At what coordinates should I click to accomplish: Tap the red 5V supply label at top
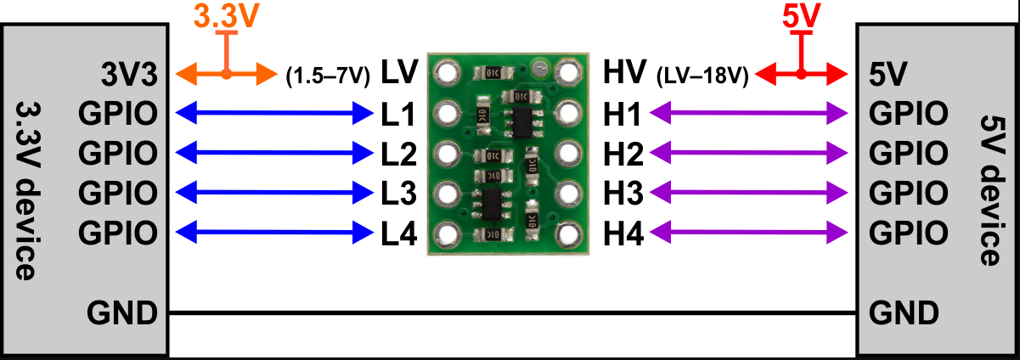click(x=799, y=16)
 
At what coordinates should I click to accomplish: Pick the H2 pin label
click(x=624, y=154)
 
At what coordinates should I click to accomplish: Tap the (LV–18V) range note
click(x=702, y=76)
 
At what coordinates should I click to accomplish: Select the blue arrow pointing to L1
click(x=271, y=112)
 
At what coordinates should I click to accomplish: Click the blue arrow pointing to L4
click(x=271, y=231)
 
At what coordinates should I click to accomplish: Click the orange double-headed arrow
click(x=225, y=75)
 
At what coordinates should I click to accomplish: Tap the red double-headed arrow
click(x=801, y=75)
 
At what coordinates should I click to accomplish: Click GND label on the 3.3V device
click(x=122, y=313)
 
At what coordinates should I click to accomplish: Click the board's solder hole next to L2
click(x=447, y=153)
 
